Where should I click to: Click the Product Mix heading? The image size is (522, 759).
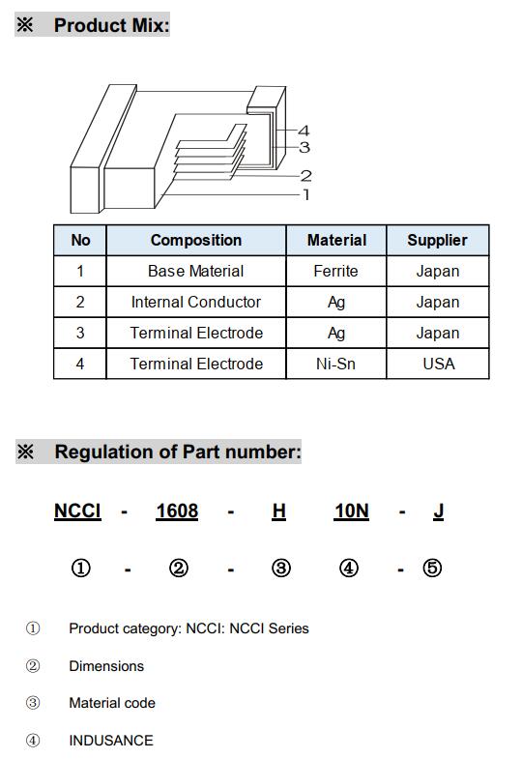[x=112, y=25]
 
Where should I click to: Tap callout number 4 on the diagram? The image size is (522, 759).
[x=304, y=131]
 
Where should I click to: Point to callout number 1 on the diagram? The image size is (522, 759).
[x=305, y=194]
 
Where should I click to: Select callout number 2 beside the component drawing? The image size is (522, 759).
[x=305, y=176]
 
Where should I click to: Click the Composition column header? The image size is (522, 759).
[x=196, y=240]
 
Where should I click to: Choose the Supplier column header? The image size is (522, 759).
[x=437, y=240]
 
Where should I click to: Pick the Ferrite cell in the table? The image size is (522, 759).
[x=335, y=271]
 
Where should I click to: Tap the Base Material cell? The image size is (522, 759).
[x=196, y=271]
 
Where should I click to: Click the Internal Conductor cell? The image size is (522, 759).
[x=196, y=302]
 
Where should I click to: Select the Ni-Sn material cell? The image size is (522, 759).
[x=335, y=364]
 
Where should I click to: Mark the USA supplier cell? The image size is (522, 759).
[x=438, y=364]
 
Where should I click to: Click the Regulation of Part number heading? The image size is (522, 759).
[x=178, y=452]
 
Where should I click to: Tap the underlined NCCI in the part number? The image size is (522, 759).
[x=77, y=511]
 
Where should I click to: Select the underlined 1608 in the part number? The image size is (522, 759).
[x=177, y=511]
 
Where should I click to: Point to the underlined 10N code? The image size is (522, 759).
[x=352, y=511]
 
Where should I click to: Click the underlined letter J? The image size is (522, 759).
[x=438, y=511]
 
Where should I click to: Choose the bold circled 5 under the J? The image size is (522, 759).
[x=432, y=568]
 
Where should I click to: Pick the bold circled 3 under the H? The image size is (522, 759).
[x=281, y=568]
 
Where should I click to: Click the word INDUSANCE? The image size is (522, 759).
[x=111, y=740]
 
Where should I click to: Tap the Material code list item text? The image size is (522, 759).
[x=112, y=703]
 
